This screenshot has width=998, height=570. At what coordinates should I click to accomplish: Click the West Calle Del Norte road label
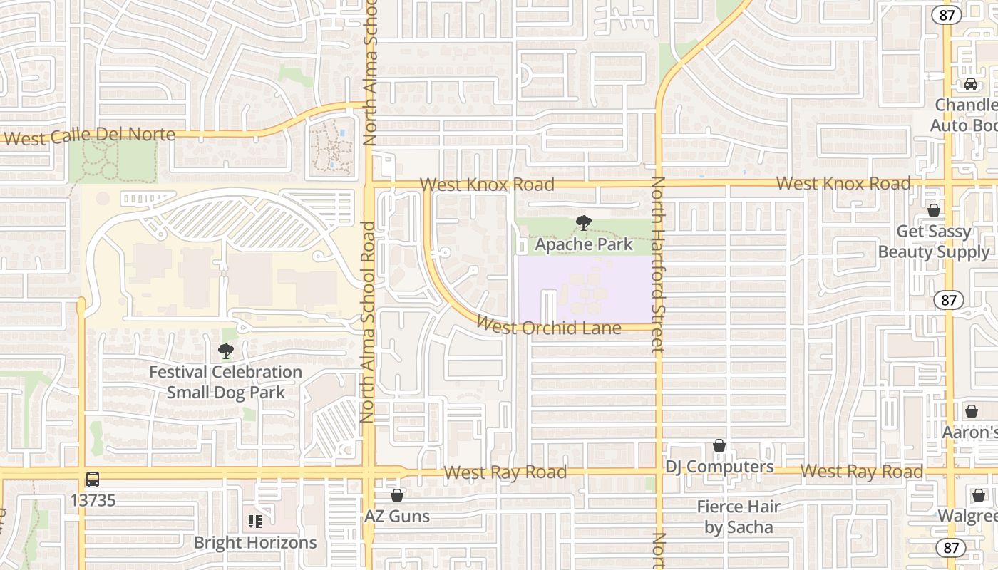tap(89, 135)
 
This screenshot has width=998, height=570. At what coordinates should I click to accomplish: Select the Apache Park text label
tap(584, 244)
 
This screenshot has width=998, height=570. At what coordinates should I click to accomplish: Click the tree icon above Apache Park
tap(584, 223)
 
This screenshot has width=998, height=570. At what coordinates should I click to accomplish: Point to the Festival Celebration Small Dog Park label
tap(225, 382)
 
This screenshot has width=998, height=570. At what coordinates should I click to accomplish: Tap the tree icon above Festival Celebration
tap(226, 351)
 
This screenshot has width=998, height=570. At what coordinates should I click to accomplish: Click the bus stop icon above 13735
tap(93, 480)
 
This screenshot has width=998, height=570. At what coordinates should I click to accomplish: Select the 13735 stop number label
tap(93, 500)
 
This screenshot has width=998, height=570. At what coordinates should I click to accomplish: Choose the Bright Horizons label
tap(255, 542)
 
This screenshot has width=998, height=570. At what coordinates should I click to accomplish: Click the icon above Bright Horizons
tap(255, 522)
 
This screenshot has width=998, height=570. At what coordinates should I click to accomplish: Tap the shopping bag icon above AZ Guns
tap(397, 495)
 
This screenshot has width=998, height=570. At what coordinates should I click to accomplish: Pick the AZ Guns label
tap(397, 516)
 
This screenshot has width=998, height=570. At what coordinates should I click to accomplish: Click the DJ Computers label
tap(719, 467)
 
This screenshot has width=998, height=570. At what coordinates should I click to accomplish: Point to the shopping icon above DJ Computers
tap(719, 446)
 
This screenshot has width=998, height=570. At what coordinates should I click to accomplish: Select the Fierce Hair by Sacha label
tap(739, 517)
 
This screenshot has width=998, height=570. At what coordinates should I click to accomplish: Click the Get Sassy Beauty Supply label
tap(934, 242)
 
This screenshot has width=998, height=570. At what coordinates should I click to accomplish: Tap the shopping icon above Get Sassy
tap(933, 210)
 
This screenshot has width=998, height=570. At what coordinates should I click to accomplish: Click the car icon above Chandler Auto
tap(970, 84)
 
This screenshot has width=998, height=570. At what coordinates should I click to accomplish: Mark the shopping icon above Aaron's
tap(971, 412)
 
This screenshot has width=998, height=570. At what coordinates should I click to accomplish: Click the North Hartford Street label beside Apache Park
tap(657, 264)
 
